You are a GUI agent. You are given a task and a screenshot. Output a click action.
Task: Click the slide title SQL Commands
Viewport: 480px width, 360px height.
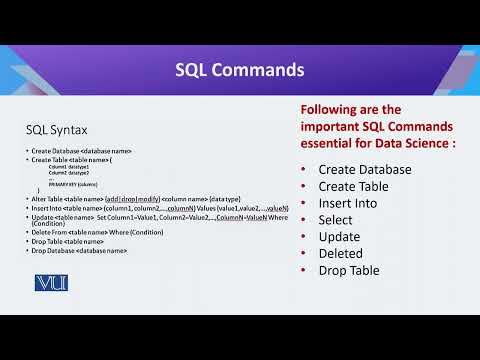pos(240,70)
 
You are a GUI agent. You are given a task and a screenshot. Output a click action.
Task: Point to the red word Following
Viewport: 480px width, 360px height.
pos(334,109)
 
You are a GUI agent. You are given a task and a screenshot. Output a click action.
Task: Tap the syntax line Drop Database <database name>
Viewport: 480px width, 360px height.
pos(79,249)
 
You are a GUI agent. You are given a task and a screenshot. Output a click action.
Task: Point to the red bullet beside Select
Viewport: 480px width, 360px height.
pos(304,220)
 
